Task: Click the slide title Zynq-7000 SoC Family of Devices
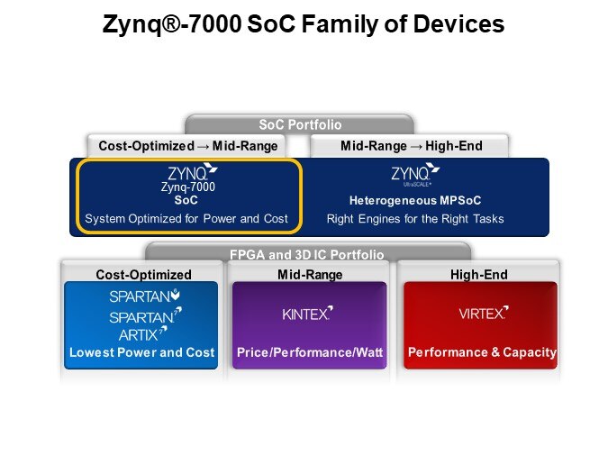[304, 24]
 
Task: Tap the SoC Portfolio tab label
[300, 124]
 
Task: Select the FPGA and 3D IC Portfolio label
[307, 254]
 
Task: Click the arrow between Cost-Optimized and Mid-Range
[204, 147]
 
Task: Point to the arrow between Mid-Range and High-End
[416, 147]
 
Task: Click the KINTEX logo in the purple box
[307, 313]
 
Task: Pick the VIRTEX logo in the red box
[484, 313]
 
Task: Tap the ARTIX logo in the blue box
[142, 333]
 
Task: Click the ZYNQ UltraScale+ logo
[415, 175]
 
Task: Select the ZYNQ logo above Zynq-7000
[193, 172]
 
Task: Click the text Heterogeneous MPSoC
[415, 200]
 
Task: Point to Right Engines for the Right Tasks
[415, 219]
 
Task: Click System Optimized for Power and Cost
[186, 218]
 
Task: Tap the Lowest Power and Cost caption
[142, 352]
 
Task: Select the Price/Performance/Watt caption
[310, 352]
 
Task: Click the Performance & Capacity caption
[483, 352]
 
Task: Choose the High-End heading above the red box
[479, 274]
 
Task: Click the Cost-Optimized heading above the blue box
[143, 274]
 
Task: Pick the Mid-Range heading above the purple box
[310, 274]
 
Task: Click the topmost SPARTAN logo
[144, 296]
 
